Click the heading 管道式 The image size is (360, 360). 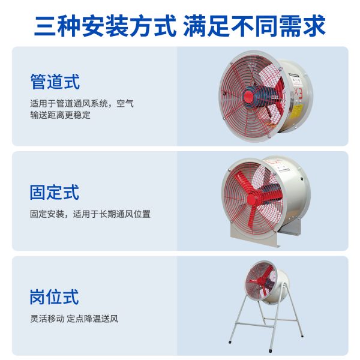click(55, 82)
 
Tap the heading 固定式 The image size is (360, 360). click(55, 192)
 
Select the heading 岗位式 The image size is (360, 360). click(55, 297)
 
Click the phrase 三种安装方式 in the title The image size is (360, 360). click(106, 26)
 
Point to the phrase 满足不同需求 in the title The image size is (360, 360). click(254, 26)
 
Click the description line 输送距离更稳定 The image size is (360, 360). click(60, 115)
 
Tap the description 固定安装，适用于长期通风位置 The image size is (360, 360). click(90, 214)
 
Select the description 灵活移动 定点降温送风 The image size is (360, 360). click(74, 319)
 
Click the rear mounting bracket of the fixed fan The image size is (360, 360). click(292, 228)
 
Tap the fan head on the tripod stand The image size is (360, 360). click(266, 282)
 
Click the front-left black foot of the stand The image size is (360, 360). click(230, 342)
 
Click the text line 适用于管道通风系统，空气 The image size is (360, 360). click(82, 104)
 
